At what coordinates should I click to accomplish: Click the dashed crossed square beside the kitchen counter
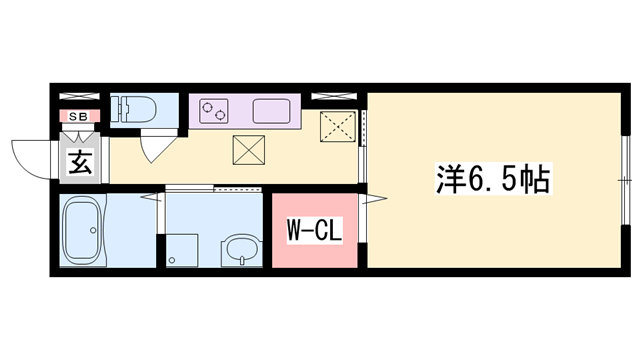coord(338,130)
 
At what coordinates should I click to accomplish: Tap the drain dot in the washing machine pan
coord(173,261)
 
